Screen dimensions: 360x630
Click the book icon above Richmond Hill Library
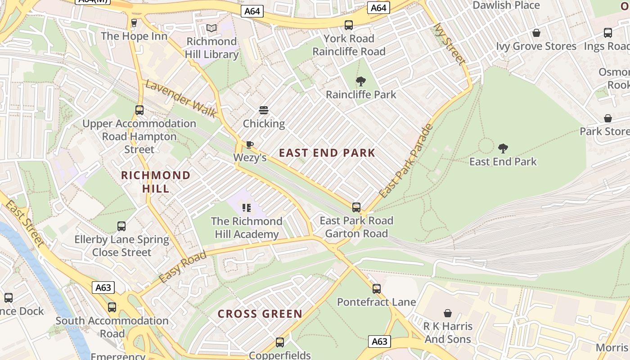click(211, 28)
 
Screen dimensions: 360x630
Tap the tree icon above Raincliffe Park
click(360, 81)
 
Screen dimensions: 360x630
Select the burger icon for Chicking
click(264, 110)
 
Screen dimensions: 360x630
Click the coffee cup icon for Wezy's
click(249, 144)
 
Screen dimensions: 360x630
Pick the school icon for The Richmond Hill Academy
click(246, 207)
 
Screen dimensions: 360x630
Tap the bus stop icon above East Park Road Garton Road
click(356, 207)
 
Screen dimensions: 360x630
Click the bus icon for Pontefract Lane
click(376, 288)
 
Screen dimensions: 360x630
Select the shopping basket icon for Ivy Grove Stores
click(536, 33)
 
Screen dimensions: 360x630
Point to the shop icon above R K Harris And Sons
click(448, 313)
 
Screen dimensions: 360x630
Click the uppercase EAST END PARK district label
click(327, 153)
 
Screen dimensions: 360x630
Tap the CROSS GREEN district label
click(260, 314)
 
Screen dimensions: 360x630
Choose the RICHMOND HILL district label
click(156, 182)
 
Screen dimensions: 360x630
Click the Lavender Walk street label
click(180, 99)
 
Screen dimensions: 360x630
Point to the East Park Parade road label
click(406, 161)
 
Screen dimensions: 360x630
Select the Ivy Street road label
click(449, 44)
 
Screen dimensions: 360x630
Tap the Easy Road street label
click(182, 267)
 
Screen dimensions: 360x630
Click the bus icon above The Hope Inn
click(134, 23)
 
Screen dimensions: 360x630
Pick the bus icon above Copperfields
click(280, 342)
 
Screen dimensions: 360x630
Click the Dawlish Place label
click(506, 5)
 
